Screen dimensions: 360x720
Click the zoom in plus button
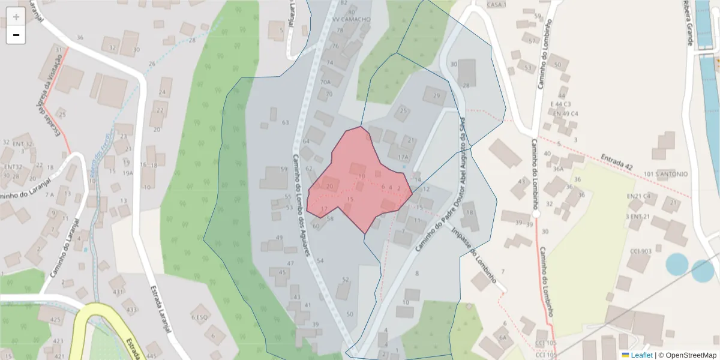pyautogui.click(x=16, y=17)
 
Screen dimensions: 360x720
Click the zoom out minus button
pyautogui.click(x=16, y=35)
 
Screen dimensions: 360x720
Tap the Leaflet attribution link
pyautogui.click(x=641, y=355)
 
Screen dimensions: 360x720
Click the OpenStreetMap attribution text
pyautogui.click(x=691, y=355)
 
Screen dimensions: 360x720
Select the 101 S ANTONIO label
pyautogui.click(x=665, y=175)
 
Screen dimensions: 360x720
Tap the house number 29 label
pyautogui.click(x=436, y=96)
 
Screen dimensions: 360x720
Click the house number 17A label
pyautogui.click(x=403, y=157)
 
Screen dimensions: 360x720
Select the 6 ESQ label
pyautogui.click(x=199, y=317)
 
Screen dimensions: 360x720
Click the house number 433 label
pyautogui.click(x=131, y=310)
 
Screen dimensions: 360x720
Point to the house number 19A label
pyautogui.click(x=128, y=173)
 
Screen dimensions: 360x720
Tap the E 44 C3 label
pyautogui.click(x=560, y=104)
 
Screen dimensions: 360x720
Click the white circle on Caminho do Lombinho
pyautogui.click(x=536, y=214)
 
